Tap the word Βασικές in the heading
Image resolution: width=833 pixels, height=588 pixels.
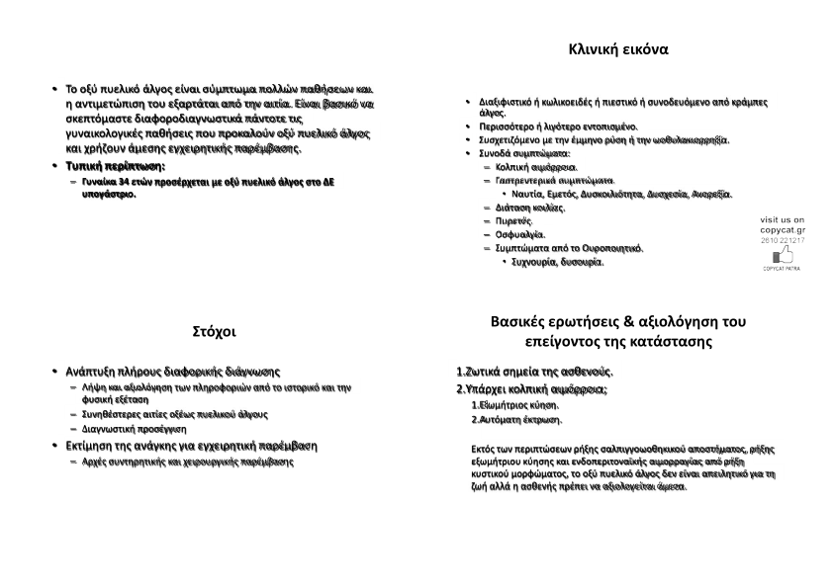pyautogui.click(x=522, y=321)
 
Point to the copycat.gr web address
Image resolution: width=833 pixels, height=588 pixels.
pyautogui.click(x=782, y=229)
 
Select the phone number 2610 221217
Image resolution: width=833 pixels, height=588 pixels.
pyautogui.click(x=782, y=240)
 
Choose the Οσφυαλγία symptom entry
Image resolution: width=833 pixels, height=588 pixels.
pyautogui.click(x=520, y=234)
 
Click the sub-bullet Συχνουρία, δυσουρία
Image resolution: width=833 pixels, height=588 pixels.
pyautogui.click(x=557, y=262)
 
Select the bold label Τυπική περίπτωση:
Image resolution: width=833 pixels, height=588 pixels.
pyautogui.click(x=115, y=166)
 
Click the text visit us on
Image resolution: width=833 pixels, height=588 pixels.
pyautogui.click(x=782, y=218)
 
